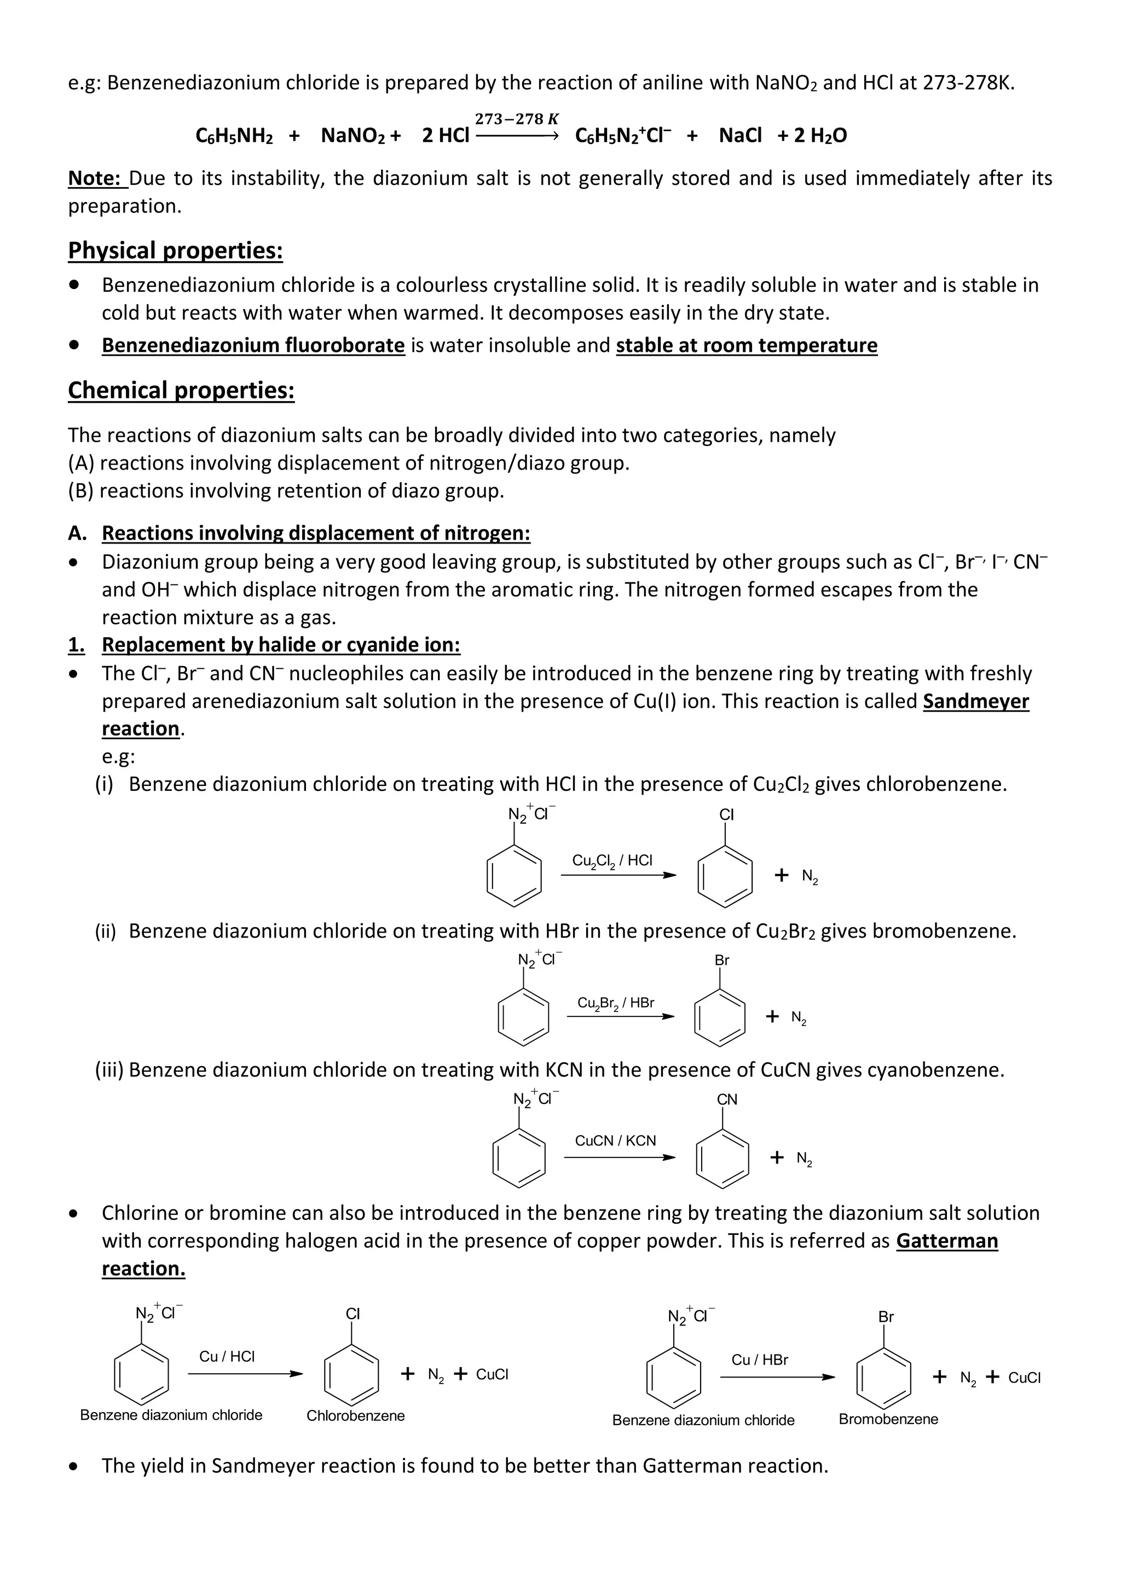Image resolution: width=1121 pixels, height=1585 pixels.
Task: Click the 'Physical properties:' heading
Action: [175, 251]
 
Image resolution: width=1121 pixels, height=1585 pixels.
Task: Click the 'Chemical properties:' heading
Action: [181, 391]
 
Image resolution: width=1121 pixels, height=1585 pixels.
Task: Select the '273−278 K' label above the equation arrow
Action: [516, 119]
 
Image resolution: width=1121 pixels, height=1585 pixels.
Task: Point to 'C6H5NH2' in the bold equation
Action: [234, 135]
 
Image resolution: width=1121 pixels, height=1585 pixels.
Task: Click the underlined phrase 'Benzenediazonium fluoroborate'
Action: [253, 345]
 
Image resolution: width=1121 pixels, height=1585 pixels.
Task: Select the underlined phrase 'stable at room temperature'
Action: [746, 345]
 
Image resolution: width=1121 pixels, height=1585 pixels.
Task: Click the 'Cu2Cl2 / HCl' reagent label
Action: [611, 861]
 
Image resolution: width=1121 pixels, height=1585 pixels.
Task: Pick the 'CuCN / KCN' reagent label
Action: [615, 1141]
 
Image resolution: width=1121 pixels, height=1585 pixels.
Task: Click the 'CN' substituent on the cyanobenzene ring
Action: [727, 1100]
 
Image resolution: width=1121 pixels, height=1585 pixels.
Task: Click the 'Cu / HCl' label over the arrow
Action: [227, 1357]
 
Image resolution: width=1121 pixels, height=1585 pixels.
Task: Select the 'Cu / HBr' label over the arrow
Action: [759, 1360]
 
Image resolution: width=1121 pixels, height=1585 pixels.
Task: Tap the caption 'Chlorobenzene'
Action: [355, 1416]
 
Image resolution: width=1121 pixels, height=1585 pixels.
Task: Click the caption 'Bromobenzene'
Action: [888, 1419]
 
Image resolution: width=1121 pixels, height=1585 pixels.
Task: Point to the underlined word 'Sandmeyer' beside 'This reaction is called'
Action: [975, 702]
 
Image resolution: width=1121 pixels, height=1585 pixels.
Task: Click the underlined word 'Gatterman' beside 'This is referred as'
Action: [946, 1241]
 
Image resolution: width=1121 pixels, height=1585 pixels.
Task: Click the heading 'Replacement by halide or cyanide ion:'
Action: [281, 645]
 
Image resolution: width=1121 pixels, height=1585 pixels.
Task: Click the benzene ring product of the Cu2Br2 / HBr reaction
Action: [720, 1018]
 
